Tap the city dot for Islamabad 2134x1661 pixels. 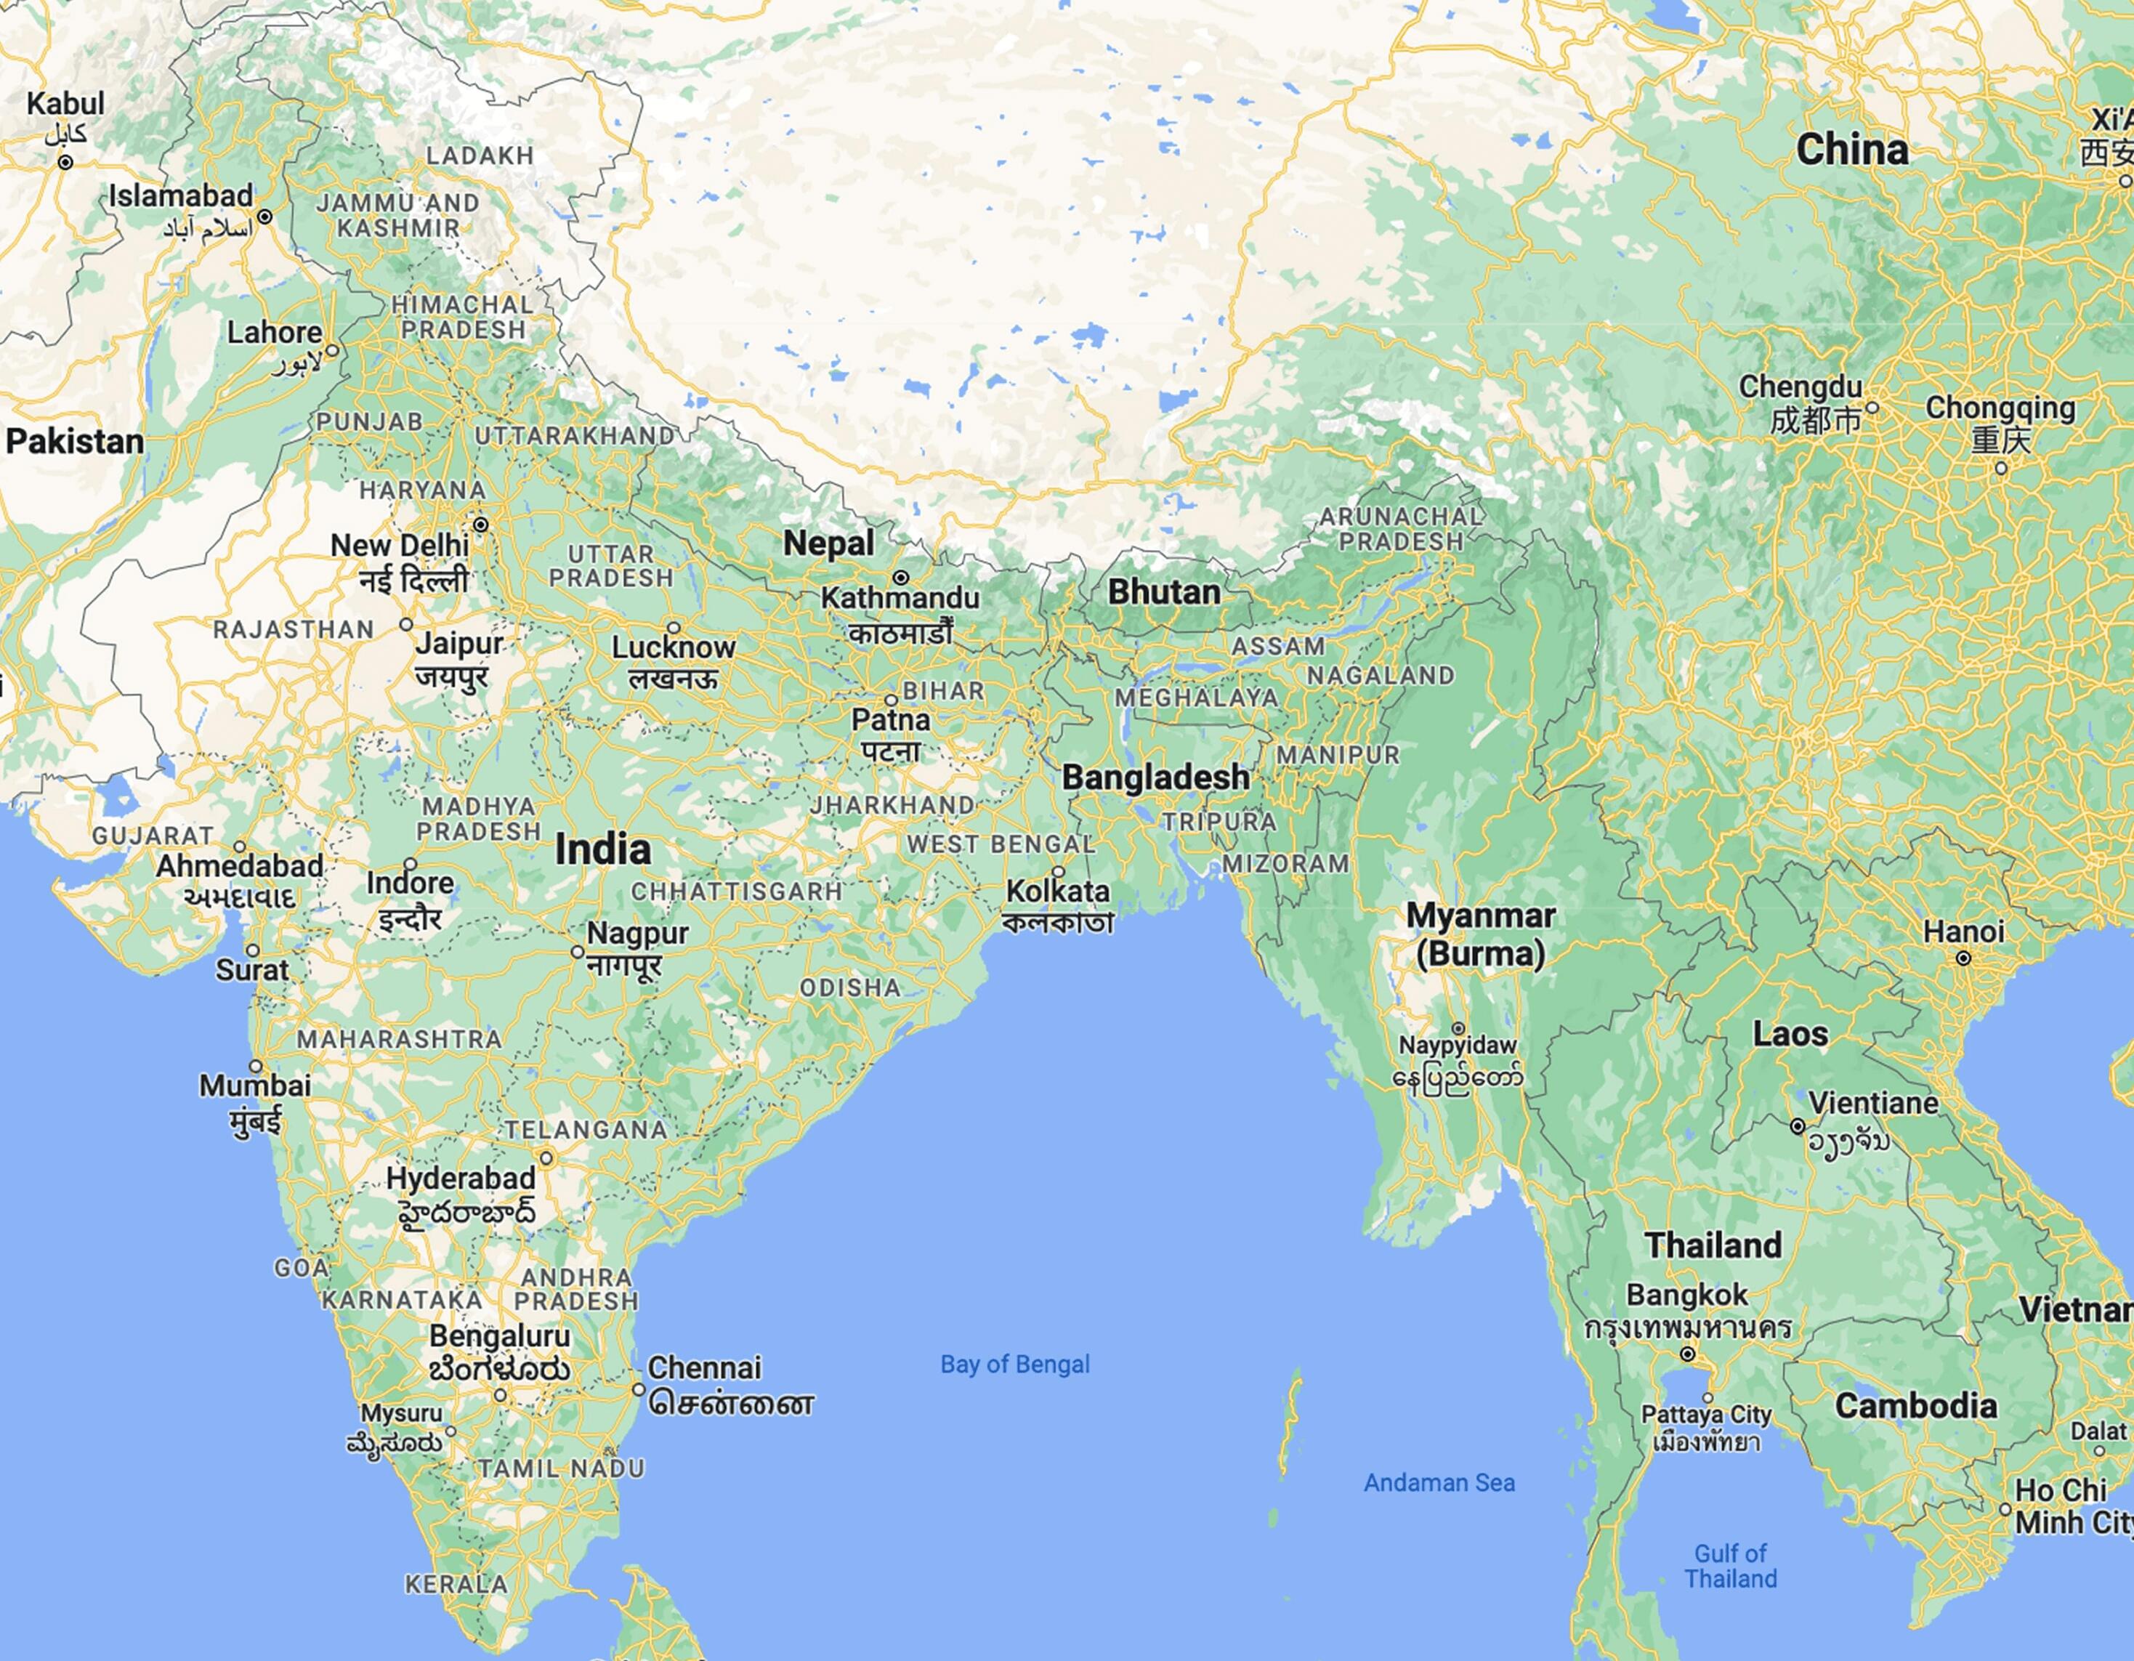(x=264, y=216)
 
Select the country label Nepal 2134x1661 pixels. (x=828, y=543)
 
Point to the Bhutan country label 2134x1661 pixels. (x=1164, y=592)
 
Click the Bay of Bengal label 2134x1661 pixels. (x=1014, y=1365)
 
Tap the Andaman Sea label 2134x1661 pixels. (x=1439, y=1483)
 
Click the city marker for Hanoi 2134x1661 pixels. (x=1963, y=958)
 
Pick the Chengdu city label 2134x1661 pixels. (x=1800, y=387)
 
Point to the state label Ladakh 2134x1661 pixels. (x=480, y=155)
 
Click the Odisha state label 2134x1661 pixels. (x=850, y=987)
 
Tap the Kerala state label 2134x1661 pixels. (x=456, y=1584)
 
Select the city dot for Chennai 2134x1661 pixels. (x=638, y=1389)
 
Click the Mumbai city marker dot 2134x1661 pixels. (x=256, y=1066)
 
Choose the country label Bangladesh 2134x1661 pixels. (x=1156, y=777)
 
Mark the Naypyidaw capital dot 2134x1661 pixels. (x=1458, y=1029)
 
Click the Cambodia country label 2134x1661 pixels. (x=1915, y=1406)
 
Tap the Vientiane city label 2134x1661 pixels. (x=1872, y=1103)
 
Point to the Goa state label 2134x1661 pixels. (x=301, y=1268)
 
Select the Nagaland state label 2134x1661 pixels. (x=1380, y=675)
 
